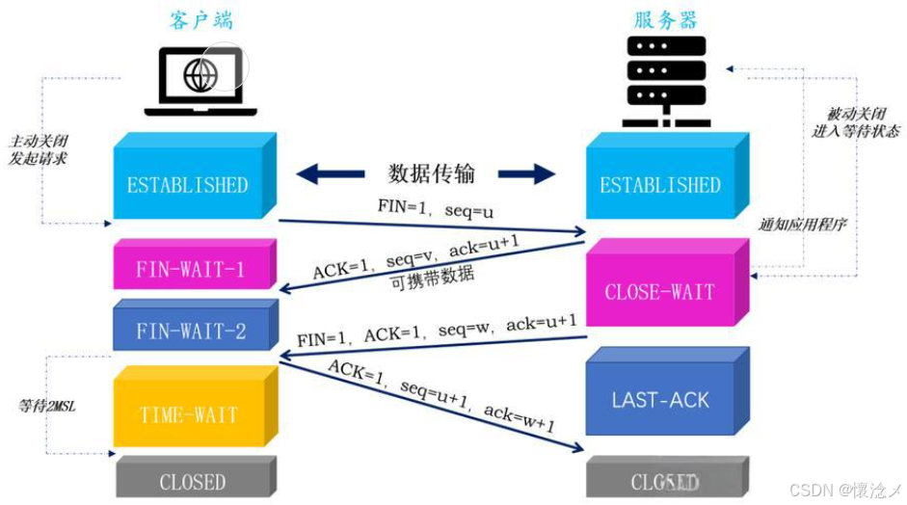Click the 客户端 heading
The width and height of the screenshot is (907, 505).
point(201,20)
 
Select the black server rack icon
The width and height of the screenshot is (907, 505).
point(666,82)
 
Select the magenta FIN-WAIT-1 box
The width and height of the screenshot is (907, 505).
point(190,270)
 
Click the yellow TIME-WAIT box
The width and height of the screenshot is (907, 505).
point(188,415)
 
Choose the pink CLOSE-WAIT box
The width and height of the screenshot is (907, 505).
point(660,291)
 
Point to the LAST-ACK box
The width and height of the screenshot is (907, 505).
point(660,399)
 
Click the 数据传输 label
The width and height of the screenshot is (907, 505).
point(431,173)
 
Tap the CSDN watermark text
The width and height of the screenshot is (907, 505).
point(843,490)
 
